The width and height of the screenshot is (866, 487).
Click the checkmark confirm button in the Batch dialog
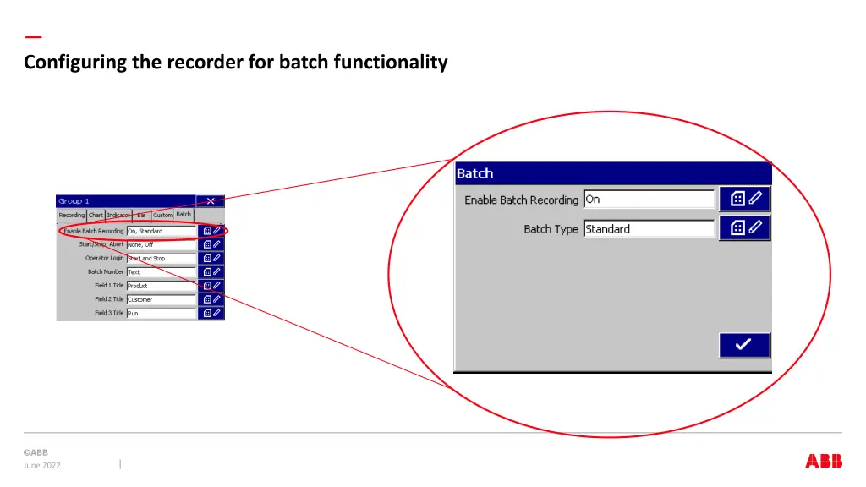pos(744,345)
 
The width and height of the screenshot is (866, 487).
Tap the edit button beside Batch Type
pos(744,228)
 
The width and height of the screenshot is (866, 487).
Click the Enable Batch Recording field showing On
pos(649,200)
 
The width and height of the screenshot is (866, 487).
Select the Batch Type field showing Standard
pos(649,229)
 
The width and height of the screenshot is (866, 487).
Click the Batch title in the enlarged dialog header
pos(474,173)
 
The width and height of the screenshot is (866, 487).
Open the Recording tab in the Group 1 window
pos(72,216)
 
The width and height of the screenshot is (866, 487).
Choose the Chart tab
pos(96,216)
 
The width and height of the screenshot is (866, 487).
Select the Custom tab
pos(162,216)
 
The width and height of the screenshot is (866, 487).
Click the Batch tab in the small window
pos(184,215)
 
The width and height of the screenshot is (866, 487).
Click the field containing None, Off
pos(161,245)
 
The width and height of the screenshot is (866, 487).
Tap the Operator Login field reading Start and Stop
pos(161,259)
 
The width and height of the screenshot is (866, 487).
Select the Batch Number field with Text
pos(161,272)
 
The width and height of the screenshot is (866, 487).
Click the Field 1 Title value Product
pos(161,286)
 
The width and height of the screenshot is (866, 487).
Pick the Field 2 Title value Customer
pos(161,299)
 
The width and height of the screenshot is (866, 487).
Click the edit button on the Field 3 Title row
pos(211,313)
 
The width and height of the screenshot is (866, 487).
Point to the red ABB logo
pos(823,461)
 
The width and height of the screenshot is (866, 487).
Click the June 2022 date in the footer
pos(42,465)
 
